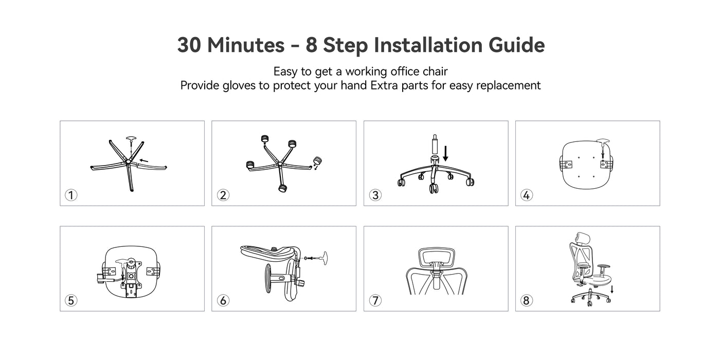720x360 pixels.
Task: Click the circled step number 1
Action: click(x=71, y=195)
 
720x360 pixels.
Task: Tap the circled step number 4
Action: click(x=527, y=195)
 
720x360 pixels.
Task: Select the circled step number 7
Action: click(x=375, y=300)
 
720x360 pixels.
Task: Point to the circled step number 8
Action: click(x=527, y=300)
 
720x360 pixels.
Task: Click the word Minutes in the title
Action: click(x=246, y=45)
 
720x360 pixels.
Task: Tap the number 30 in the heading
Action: click(x=189, y=45)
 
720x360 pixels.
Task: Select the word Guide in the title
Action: click(x=516, y=45)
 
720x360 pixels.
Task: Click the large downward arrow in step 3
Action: click(x=445, y=153)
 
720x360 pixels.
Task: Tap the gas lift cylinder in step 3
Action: click(x=435, y=144)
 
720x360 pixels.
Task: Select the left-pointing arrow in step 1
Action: click(x=143, y=160)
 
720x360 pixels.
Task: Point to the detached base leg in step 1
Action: click(x=152, y=166)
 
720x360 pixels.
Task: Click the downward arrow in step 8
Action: click(x=612, y=289)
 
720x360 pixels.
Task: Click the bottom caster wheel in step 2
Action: click(x=282, y=188)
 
